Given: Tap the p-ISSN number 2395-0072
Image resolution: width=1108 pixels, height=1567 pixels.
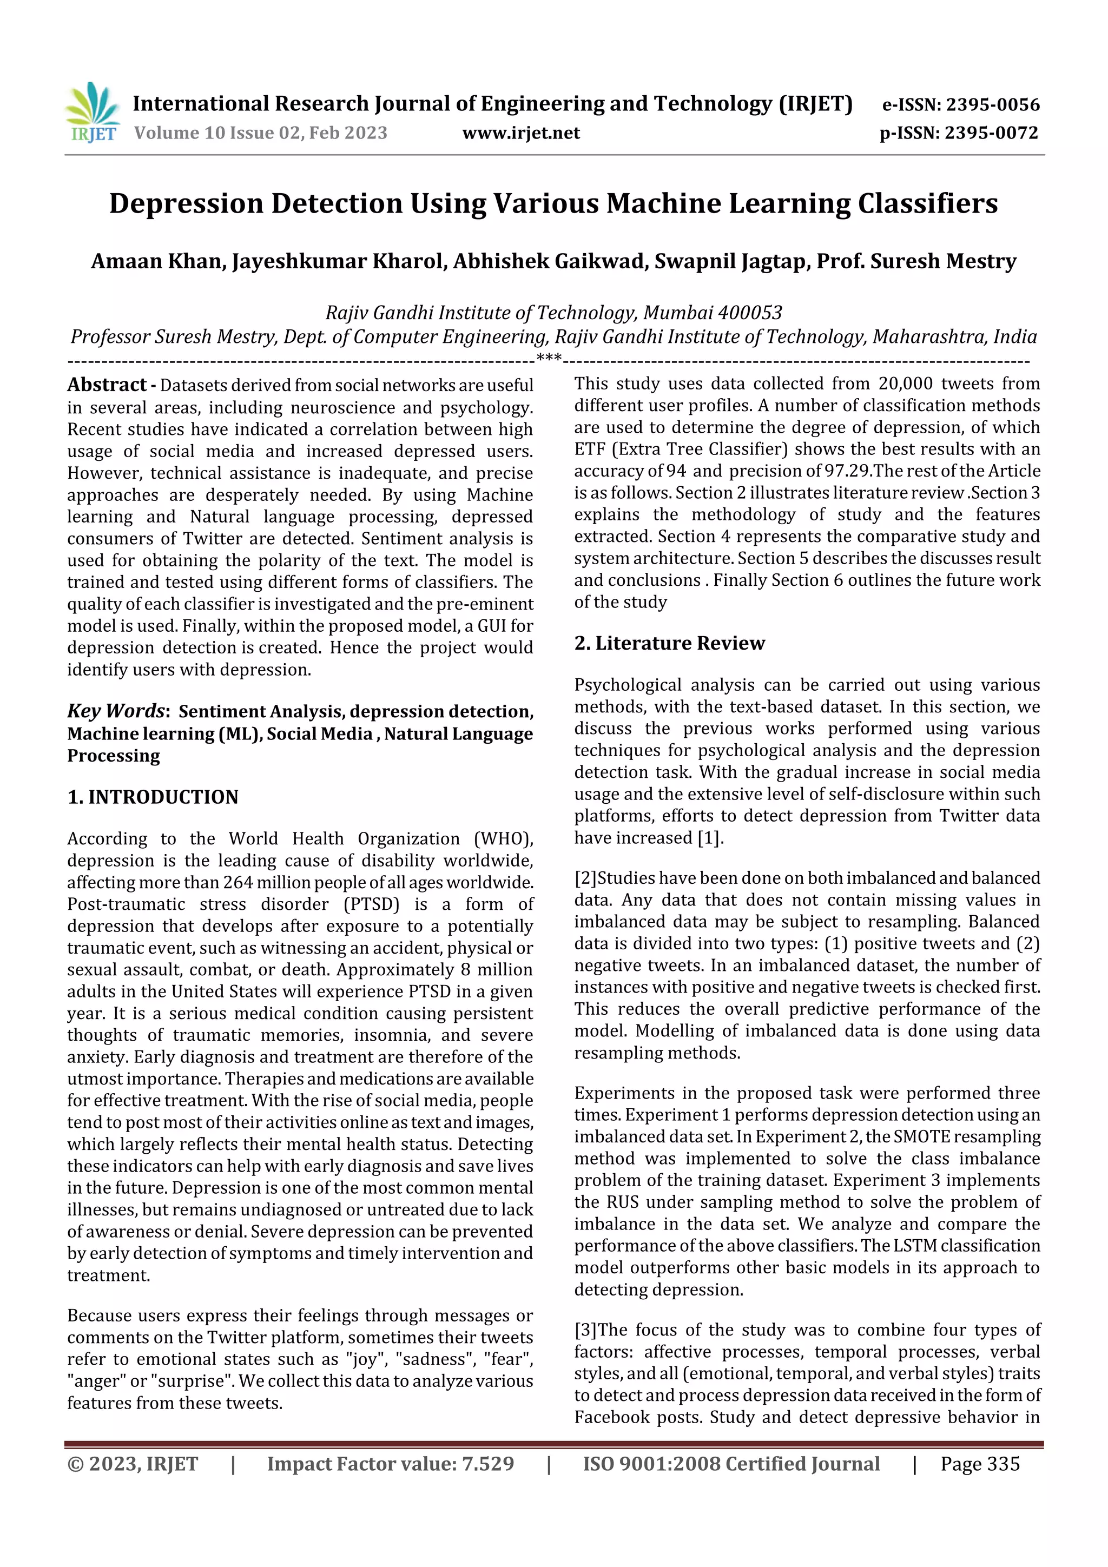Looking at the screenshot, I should point(991,133).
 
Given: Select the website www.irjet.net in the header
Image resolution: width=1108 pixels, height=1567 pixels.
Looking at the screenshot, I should point(521,133).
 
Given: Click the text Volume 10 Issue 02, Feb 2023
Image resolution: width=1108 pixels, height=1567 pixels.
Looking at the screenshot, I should point(261,133).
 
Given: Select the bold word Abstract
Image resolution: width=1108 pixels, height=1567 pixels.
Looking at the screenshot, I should point(107,385).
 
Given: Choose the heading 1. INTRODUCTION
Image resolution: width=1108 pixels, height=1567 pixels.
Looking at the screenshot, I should point(153,797).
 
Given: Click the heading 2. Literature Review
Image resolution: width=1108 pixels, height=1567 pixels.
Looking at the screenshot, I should point(669,644).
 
